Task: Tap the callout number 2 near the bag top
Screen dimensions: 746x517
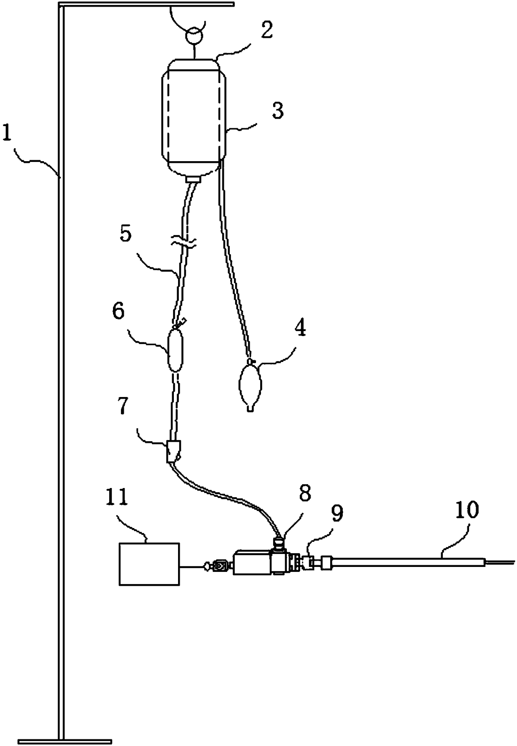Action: click(x=267, y=30)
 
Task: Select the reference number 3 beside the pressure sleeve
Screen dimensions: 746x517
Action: click(x=277, y=111)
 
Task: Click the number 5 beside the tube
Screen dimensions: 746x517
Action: click(x=125, y=234)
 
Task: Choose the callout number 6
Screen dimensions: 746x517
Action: click(x=118, y=311)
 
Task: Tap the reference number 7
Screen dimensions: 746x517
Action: click(x=122, y=407)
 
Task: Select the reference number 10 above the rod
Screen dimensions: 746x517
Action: click(x=467, y=511)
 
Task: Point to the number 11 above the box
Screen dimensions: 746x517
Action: click(x=117, y=498)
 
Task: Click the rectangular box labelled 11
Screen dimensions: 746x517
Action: click(x=149, y=564)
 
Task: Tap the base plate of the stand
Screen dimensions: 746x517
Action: click(x=64, y=741)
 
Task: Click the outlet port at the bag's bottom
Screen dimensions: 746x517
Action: click(x=193, y=179)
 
